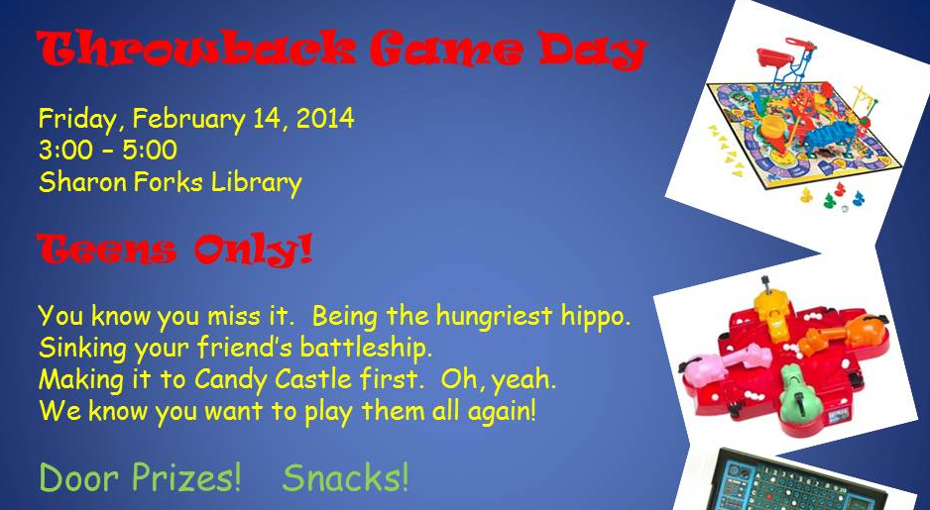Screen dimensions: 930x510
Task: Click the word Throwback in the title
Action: click(196, 48)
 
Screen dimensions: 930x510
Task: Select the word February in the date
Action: click(188, 119)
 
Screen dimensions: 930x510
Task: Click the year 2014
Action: click(325, 118)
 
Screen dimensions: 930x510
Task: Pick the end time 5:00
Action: click(150, 150)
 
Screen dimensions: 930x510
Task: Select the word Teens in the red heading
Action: click(106, 250)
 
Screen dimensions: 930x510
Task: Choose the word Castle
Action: click(313, 379)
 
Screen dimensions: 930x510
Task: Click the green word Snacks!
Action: click(345, 477)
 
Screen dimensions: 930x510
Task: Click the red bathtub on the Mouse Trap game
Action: click(775, 57)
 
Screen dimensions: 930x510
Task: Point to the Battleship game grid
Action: click(802, 485)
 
